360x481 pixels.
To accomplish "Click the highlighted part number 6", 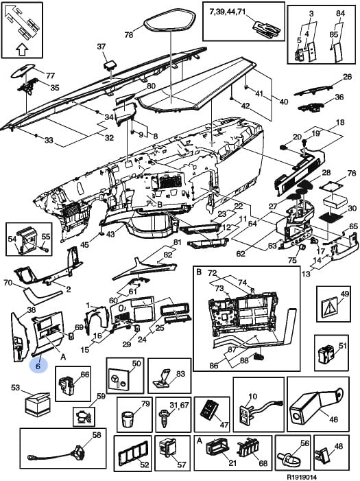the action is coord(38,366).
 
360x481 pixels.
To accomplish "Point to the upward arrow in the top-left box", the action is coord(21,49).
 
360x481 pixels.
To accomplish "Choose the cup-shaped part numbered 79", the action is coord(129,419).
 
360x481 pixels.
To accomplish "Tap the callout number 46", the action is coord(333,419).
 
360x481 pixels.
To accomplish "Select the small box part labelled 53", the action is coord(37,405).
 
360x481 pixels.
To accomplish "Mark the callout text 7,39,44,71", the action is coord(228,12).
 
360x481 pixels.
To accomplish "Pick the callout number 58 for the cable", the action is coord(97,434).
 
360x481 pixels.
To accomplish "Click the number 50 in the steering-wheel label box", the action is coord(136,364).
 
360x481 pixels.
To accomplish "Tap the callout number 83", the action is coord(181,373).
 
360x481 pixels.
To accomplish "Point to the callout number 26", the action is coord(348,76).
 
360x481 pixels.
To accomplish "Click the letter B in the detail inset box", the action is coord(199,272).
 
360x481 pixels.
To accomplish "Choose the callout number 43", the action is coord(110,234).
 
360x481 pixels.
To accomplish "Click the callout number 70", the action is coord(8,283).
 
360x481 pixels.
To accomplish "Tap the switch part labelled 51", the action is coord(326,353).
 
